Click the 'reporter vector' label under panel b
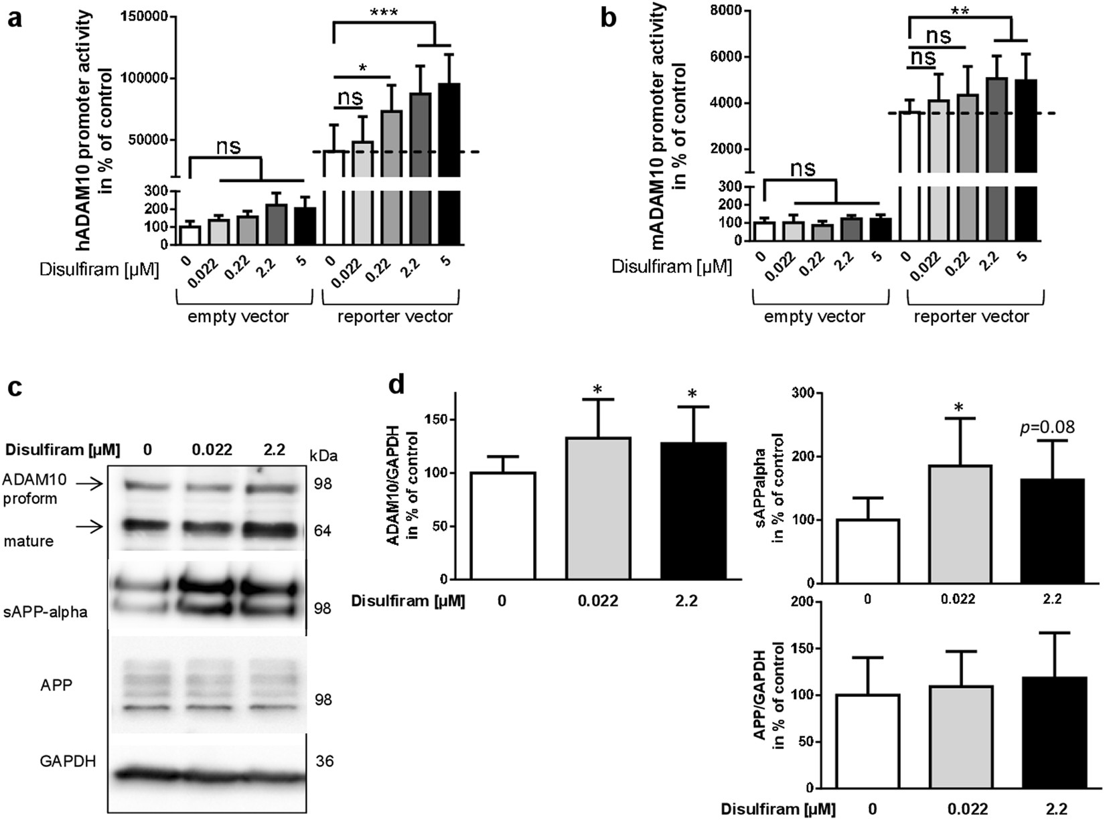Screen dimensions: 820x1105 tap(971, 317)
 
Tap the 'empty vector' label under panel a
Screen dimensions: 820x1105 tap(238, 317)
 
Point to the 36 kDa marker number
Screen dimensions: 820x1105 tap(325, 761)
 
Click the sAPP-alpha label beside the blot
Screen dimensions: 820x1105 tap(45, 612)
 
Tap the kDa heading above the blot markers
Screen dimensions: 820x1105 tap(324, 456)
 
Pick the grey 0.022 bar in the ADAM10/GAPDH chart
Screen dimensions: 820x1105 tap(598, 508)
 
